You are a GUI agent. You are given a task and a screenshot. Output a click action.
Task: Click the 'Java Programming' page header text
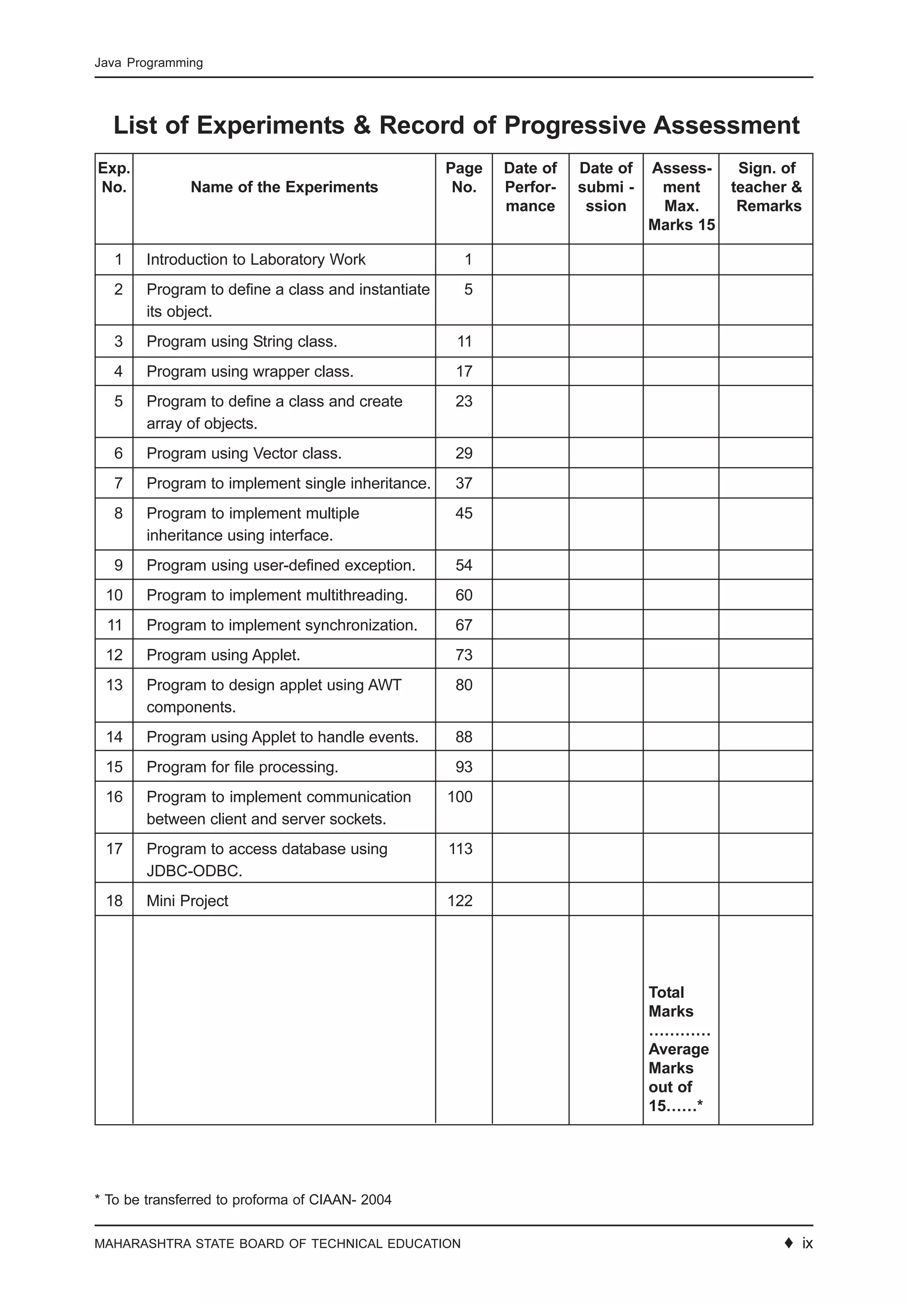click(149, 63)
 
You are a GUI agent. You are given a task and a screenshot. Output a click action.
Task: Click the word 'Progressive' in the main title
click(574, 125)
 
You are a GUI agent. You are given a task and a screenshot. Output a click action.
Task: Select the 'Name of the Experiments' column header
click(284, 187)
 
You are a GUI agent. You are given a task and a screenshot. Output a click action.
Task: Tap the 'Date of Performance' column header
click(530, 187)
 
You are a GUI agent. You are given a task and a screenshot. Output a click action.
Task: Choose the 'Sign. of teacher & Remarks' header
click(766, 187)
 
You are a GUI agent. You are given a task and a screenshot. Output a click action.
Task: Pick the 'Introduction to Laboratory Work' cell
click(256, 259)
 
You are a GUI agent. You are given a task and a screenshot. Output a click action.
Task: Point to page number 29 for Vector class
click(463, 453)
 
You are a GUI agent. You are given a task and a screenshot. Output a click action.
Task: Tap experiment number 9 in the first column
click(118, 565)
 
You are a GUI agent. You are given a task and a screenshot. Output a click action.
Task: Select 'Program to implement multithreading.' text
click(277, 595)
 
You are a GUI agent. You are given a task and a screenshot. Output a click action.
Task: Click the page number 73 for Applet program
click(463, 655)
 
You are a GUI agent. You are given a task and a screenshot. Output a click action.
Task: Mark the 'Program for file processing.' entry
click(242, 767)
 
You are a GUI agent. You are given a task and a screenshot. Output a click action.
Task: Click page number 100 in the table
click(460, 797)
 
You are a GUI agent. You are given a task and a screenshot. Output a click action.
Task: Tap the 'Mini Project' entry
click(187, 901)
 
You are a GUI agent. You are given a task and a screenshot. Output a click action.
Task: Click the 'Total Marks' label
click(670, 1001)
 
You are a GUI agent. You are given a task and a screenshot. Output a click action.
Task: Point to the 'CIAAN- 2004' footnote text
click(350, 1200)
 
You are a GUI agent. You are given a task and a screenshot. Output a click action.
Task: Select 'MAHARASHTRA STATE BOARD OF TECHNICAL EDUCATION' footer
click(278, 1244)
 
